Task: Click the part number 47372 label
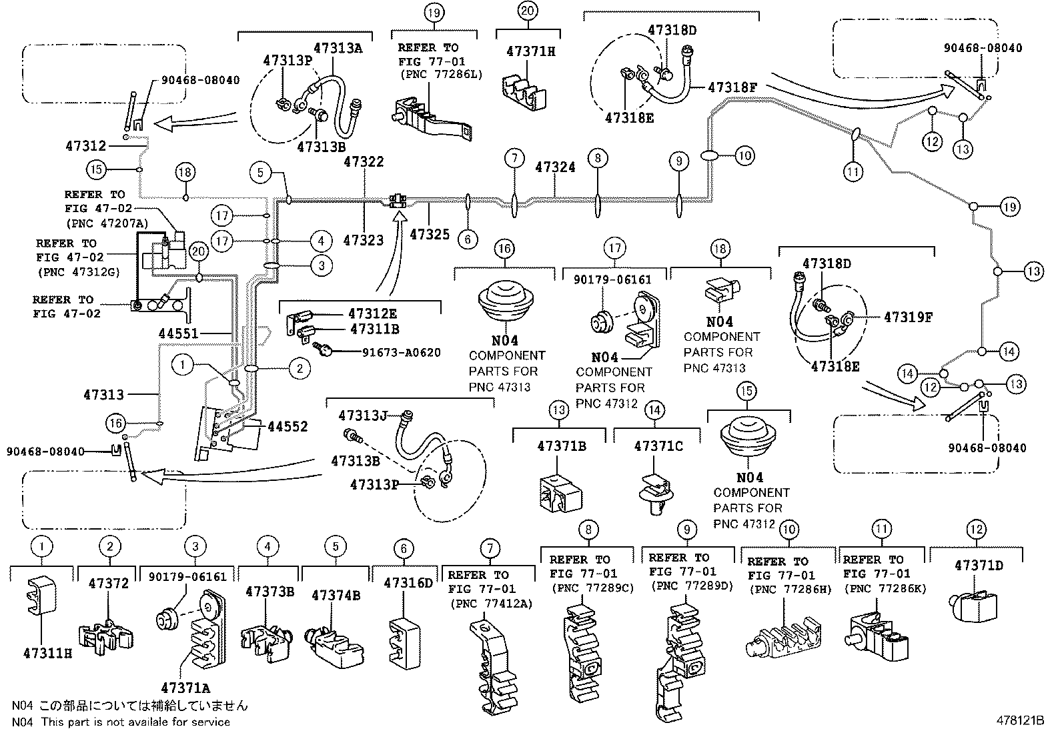pos(109,584)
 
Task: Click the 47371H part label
pos(530,51)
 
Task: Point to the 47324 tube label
pos(555,167)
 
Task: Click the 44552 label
pos(288,427)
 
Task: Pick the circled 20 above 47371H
pos(527,11)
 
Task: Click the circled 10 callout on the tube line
pos(744,156)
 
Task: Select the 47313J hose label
pos(362,416)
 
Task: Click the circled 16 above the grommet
pos(504,249)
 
